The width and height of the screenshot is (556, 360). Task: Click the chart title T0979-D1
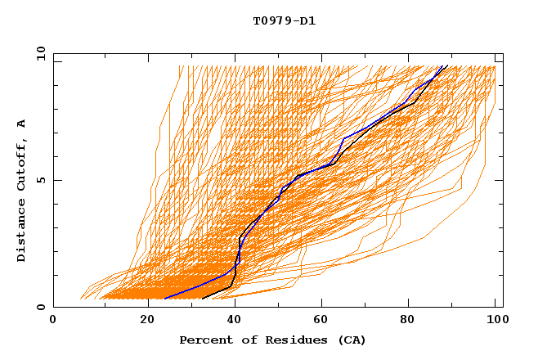[x=284, y=21]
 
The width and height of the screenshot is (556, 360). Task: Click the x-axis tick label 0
[x=53, y=322]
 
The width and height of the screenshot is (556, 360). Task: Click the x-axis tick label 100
[x=495, y=322]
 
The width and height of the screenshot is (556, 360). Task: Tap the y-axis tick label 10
[x=40, y=53]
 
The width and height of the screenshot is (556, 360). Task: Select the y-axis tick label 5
[x=40, y=180]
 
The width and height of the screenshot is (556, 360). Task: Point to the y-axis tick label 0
[x=40, y=307]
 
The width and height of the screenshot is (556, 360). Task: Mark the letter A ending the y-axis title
[x=22, y=124]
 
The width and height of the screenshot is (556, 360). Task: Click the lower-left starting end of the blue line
[x=164, y=299]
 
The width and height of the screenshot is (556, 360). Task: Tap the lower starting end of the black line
[x=203, y=299]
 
